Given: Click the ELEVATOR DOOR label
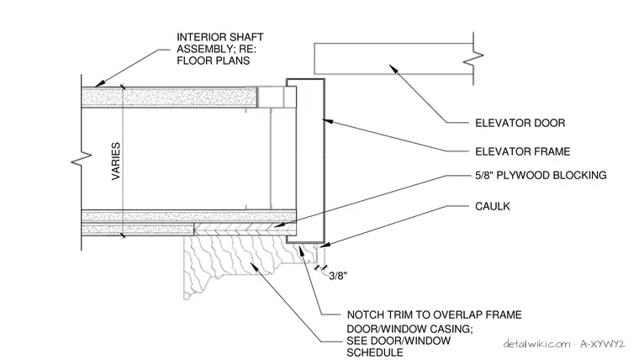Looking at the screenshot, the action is tap(520, 123).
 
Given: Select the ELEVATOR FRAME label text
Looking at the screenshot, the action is tap(522, 151).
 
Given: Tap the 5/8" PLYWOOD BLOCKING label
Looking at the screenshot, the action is tap(541, 175).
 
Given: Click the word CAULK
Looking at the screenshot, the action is tap(493, 206).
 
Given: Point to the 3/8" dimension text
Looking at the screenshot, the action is tap(338, 276).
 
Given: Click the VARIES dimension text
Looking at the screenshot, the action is tap(116, 161).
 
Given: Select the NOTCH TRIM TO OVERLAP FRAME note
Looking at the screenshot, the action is tap(434, 315).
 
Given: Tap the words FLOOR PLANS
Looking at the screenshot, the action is tap(213, 61).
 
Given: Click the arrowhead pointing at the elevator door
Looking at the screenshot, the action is tap(393, 68).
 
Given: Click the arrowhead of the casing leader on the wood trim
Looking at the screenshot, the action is tap(253, 267).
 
